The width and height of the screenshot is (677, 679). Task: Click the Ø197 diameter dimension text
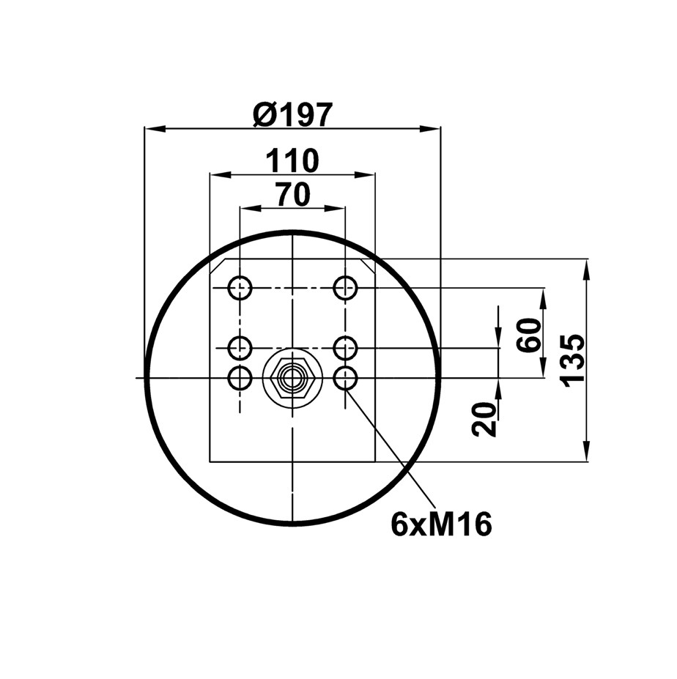pyautogui.click(x=293, y=115)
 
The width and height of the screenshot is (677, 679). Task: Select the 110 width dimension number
pyautogui.click(x=292, y=160)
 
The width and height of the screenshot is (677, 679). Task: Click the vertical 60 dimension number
pyautogui.click(x=529, y=335)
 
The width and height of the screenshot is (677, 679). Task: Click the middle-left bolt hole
pyautogui.click(x=240, y=347)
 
